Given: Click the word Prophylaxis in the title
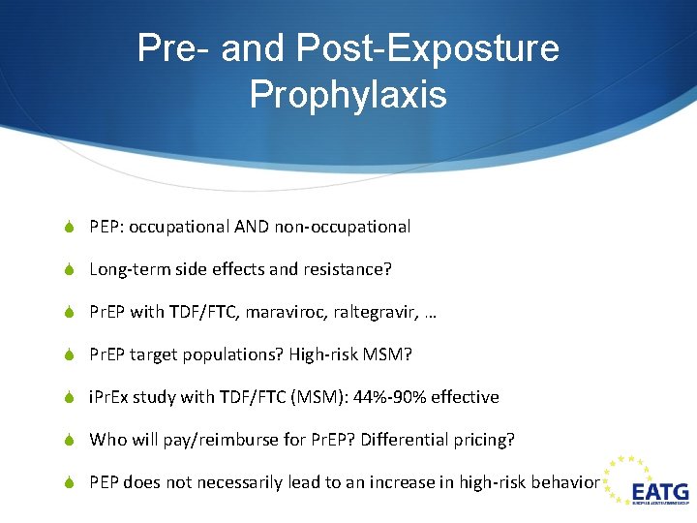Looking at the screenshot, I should click(x=348, y=94).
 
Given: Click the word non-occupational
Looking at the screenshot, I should click(x=343, y=227).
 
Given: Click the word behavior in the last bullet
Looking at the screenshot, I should click(x=566, y=481).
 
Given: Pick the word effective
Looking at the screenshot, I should click(x=466, y=397).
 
